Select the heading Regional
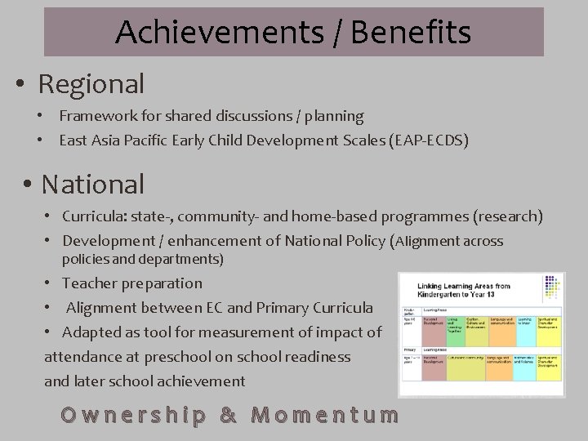[x=91, y=83]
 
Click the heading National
[x=93, y=184]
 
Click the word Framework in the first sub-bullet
[x=91, y=117]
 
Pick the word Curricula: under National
[x=93, y=216]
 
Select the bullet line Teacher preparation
[x=132, y=283]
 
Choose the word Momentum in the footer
[x=325, y=414]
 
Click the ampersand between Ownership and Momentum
[x=229, y=414]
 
